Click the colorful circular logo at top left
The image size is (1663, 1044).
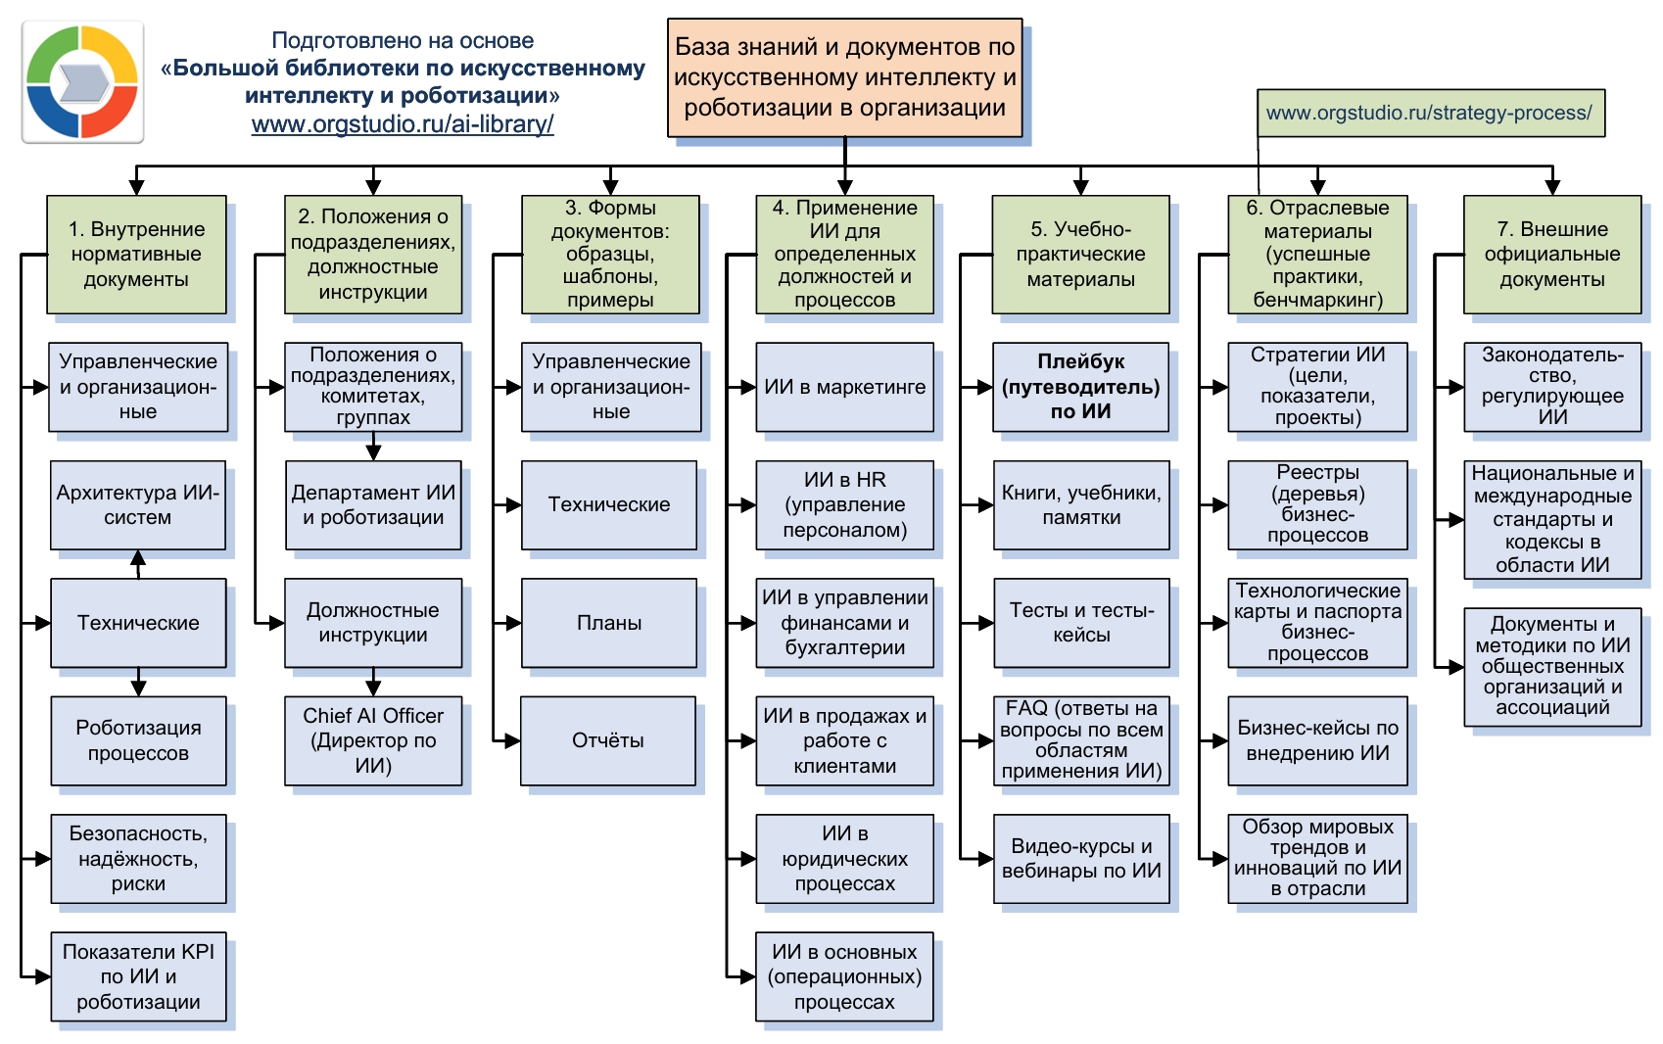pos(82,82)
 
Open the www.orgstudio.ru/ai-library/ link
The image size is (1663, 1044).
pos(403,124)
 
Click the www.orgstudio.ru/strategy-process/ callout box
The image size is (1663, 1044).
pos(1430,113)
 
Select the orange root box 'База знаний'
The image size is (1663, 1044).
pos(844,77)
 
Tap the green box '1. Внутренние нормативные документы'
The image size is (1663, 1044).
pos(136,254)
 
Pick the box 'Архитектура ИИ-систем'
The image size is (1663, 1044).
pos(138,505)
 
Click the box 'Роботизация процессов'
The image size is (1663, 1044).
pos(138,740)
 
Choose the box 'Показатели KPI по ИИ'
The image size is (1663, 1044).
pos(138,976)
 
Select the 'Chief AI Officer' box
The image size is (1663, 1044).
pos(373,740)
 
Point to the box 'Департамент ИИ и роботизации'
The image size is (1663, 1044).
pos(373,505)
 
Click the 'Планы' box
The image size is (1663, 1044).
pos(609,623)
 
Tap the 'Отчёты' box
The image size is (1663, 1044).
pos(608,740)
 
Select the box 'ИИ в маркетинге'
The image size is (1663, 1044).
pos(844,387)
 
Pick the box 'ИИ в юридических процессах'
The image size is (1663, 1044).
pos(844,859)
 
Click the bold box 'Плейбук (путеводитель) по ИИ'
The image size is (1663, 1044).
pos(1080,387)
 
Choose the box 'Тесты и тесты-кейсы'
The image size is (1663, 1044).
pos(1081,623)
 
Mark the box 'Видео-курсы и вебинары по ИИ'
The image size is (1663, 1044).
pos(1081,859)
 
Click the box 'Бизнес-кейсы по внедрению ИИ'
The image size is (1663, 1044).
pos(1317,740)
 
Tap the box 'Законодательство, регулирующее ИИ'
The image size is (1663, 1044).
pos(1552,387)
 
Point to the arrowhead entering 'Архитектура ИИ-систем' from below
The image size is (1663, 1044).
pos(138,558)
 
